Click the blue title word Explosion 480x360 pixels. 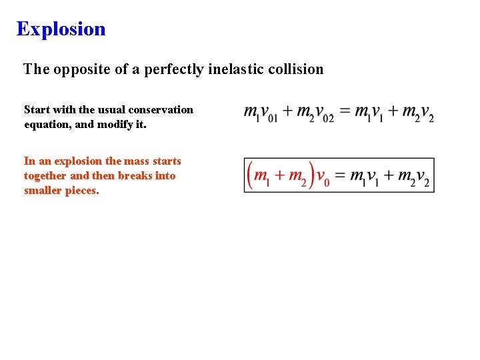coord(61,29)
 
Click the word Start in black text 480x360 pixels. coord(37,109)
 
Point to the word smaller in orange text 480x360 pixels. coord(41,191)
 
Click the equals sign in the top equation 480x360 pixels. coord(344,111)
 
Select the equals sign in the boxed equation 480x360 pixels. coord(340,176)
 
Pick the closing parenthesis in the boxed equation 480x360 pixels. coord(311,175)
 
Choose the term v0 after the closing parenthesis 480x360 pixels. coord(323,178)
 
